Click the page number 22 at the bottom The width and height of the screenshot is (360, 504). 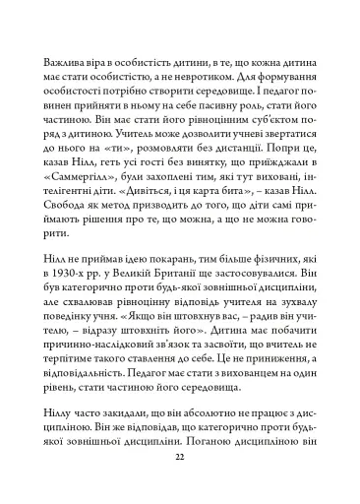click(179, 459)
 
